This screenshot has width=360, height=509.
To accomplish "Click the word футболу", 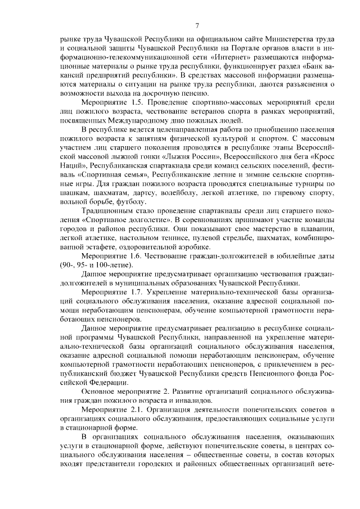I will coord(132,201).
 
